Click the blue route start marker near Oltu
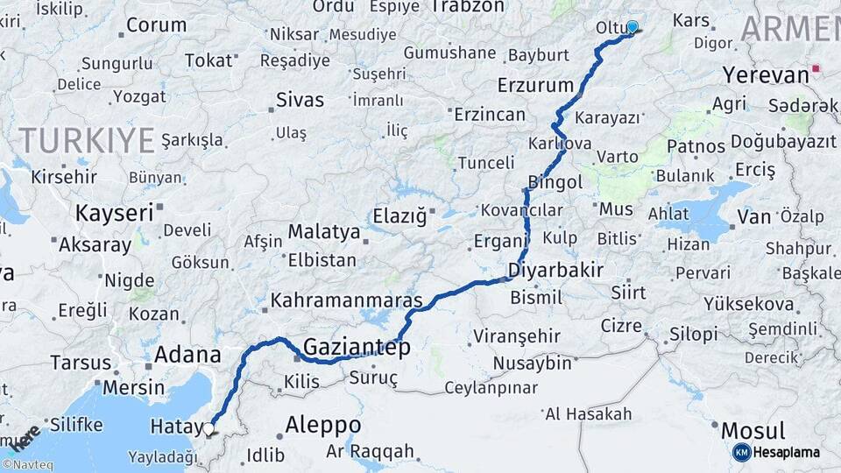click(x=633, y=27)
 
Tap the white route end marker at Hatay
click(x=208, y=428)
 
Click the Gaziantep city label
click(x=357, y=347)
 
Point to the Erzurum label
click(x=534, y=86)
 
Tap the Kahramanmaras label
click(x=347, y=300)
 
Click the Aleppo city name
click(x=323, y=425)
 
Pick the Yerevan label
click(x=767, y=75)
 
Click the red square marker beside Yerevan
click(x=816, y=68)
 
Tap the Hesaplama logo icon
click(x=742, y=452)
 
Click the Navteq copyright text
click(x=27, y=465)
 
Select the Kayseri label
click(x=114, y=213)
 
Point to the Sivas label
click(x=300, y=99)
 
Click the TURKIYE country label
click(x=87, y=139)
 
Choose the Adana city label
click(x=187, y=355)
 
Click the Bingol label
click(x=555, y=182)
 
